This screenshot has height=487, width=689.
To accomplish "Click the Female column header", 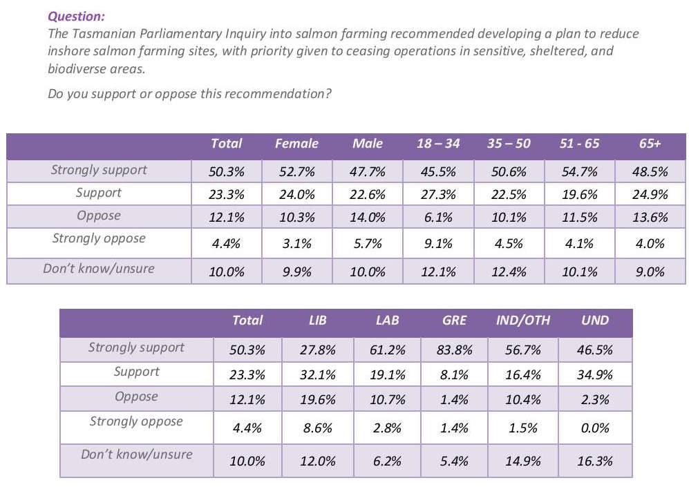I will click(x=296, y=144).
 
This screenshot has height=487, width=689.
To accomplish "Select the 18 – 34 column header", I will click(x=438, y=144).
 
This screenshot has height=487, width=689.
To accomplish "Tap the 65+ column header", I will click(x=650, y=144).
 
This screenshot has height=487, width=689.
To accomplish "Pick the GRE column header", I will click(x=454, y=321).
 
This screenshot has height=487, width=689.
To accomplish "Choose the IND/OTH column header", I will click(x=522, y=321).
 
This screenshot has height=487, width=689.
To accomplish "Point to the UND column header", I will click(x=595, y=321).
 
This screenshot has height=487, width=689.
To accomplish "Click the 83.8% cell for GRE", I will click(x=455, y=350).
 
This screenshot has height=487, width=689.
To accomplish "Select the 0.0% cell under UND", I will click(x=595, y=428).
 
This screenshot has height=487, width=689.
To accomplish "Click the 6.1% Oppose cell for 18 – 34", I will click(x=438, y=218).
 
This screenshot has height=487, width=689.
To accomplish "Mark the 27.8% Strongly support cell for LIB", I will click(x=318, y=350).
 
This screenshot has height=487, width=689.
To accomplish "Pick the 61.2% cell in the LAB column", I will click(x=387, y=350).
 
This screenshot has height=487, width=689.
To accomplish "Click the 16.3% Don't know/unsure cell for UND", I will click(x=595, y=461).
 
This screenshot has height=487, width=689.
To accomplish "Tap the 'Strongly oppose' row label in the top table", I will click(x=99, y=239).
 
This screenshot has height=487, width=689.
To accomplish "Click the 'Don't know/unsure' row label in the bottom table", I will click(x=136, y=455).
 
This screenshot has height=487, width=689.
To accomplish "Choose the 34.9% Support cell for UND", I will click(x=595, y=375).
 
